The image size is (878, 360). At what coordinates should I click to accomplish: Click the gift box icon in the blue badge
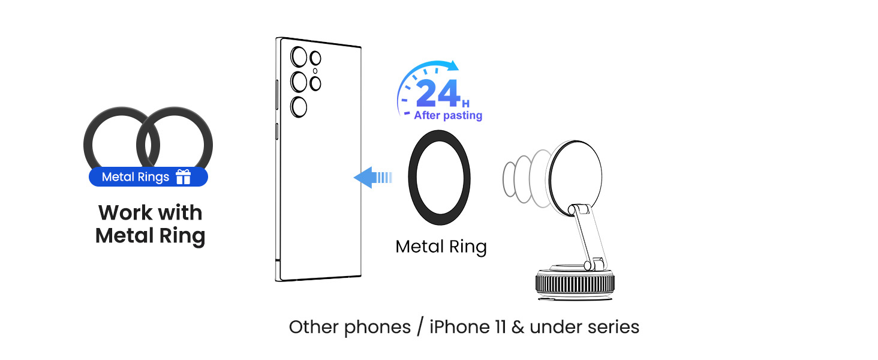point(183,176)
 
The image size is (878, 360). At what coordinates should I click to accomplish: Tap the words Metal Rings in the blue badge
point(135,177)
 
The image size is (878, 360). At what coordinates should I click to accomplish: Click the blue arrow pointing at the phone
point(373,177)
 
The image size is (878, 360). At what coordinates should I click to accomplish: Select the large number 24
point(438,93)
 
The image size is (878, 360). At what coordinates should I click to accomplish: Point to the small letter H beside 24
point(465,104)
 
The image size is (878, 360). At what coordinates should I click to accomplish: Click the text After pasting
point(448,115)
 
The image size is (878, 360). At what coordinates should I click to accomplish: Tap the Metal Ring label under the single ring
point(441,247)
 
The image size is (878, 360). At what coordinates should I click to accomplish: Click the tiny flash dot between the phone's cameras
point(315,71)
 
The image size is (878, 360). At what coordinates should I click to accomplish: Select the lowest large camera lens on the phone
point(299,107)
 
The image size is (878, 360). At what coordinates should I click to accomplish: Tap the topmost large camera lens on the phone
point(299,57)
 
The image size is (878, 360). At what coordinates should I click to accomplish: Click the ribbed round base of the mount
point(575,284)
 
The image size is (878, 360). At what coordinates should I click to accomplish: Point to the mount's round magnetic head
point(575,178)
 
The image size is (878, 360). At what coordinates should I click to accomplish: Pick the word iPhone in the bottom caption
point(459,327)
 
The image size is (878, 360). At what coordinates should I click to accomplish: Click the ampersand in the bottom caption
point(518,327)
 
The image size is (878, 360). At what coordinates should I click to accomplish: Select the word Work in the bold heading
point(125,213)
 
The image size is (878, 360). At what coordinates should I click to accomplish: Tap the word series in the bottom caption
point(614,328)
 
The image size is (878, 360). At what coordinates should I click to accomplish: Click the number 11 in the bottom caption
point(500,327)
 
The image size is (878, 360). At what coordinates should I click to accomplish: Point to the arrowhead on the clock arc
point(453,65)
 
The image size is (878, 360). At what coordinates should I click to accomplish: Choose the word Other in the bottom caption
point(314,327)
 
